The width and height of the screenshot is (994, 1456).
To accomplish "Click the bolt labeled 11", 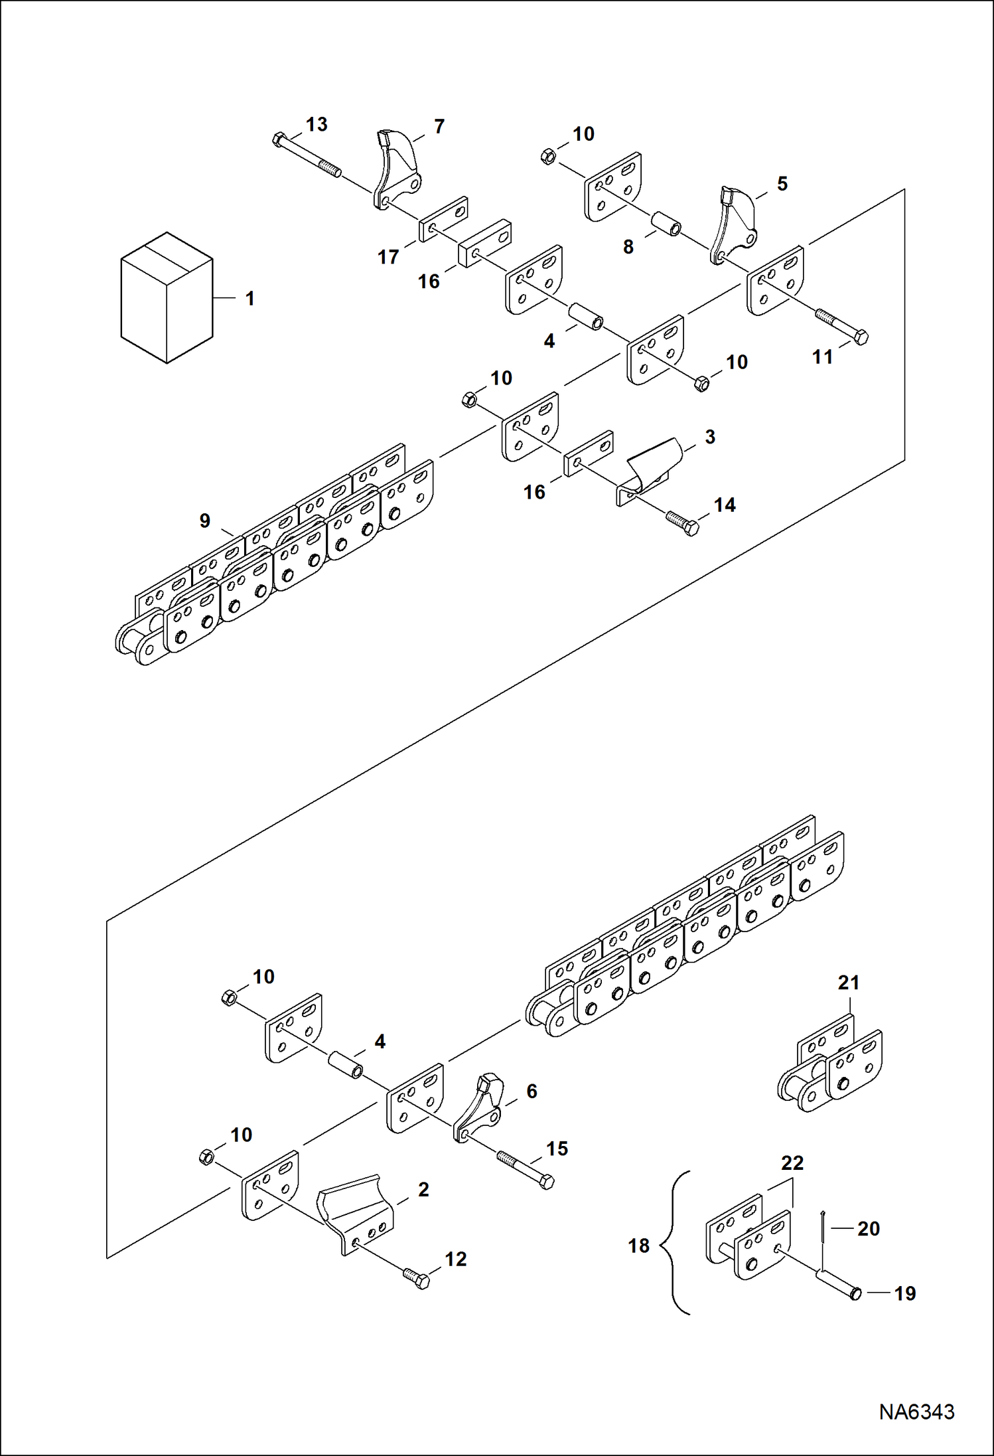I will click(x=841, y=326).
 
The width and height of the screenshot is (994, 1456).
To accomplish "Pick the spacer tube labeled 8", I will click(x=665, y=224).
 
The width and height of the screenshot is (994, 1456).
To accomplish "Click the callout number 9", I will click(x=205, y=521).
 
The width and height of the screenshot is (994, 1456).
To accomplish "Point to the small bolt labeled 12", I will click(x=416, y=1278).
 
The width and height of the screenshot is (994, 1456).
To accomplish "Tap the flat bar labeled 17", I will click(x=443, y=219).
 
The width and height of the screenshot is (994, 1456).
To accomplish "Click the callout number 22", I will click(x=792, y=1163).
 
